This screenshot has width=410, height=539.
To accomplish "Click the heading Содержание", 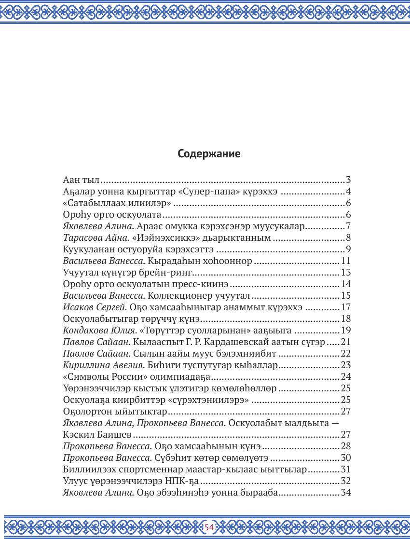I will click(x=209, y=154).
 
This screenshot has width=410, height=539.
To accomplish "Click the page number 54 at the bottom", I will click(x=209, y=527).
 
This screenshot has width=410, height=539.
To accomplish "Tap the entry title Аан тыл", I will click(x=81, y=180).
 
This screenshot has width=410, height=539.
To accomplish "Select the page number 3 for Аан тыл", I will click(x=348, y=180).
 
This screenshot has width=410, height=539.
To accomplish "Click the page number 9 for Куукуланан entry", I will click(x=348, y=249).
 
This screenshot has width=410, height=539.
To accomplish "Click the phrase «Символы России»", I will click(x=103, y=377).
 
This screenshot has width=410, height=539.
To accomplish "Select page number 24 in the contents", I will click(x=346, y=377).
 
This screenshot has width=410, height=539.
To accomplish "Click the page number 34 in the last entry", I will click(x=346, y=493).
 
